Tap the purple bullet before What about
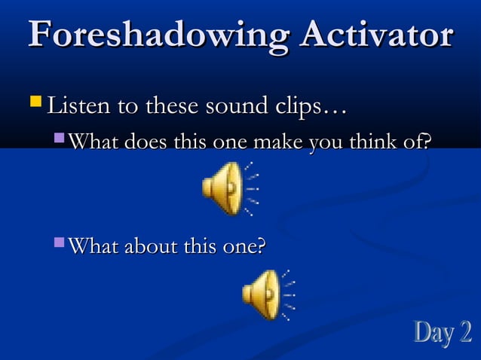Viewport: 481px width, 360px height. (x=60, y=243)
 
